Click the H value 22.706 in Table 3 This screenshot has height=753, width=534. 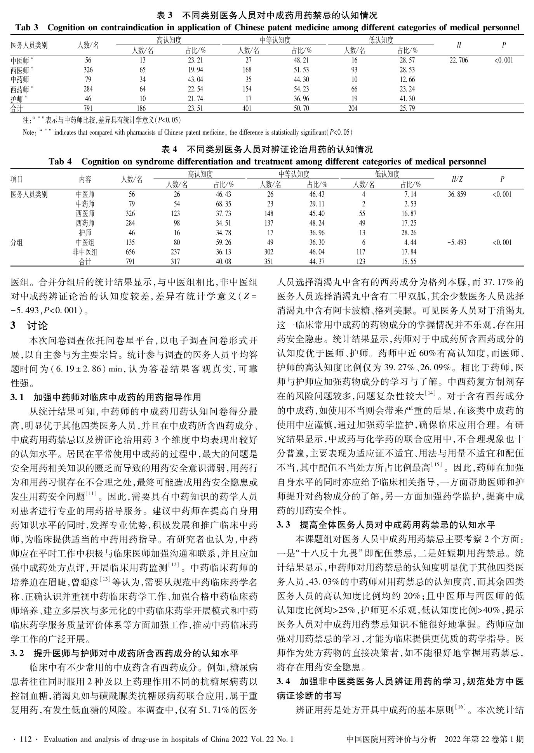(458, 60)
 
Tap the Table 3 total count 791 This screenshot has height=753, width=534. (88, 109)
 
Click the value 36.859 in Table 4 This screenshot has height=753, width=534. (457, 194)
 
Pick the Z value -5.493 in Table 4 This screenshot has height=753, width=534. (457, 243)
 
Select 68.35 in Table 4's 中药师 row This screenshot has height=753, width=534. (223, 204)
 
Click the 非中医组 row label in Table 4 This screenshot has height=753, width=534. (85, 252)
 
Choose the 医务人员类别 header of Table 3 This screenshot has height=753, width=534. (29, 45)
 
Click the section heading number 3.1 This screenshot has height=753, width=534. (17, 397)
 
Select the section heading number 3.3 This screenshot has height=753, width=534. (284, 525)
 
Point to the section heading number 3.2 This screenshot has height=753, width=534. (17, 653)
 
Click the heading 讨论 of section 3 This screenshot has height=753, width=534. (37, 325)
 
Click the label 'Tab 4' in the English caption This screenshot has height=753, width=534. (60, 161)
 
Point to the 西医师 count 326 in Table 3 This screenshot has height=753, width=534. (88, 70)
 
